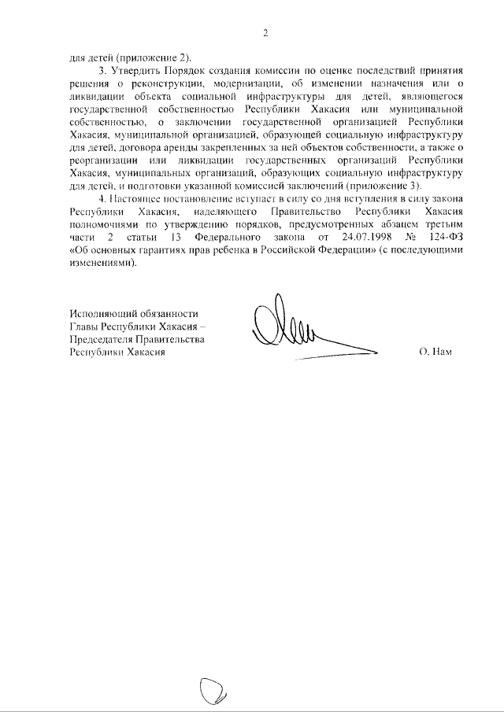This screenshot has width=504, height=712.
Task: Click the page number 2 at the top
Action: [x=265, y=32]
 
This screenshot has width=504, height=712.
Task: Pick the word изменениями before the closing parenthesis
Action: [x=101, y=264]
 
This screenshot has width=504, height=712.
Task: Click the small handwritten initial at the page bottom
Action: [x=213, y=692]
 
